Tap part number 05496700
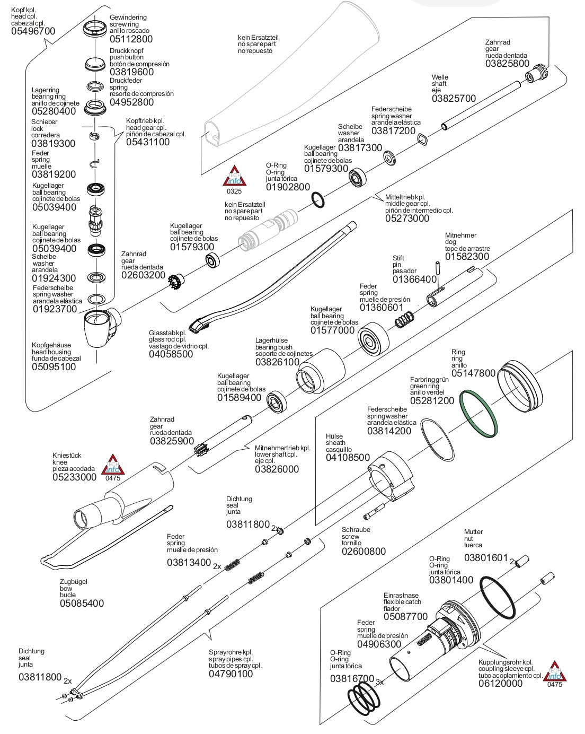(x=33, y=31)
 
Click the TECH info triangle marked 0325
(x=234, y=176)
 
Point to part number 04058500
(x=171, y=354)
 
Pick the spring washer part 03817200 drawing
(x=422, y=139)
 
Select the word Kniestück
(x=67, y=456)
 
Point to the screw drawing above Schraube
(x=374, y=512)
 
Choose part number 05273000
(x=407, y=219)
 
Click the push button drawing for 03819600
(x=95, y=64)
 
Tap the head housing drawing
(x=102, y=327)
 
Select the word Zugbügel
(x=73, y=582)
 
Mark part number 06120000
(x=500, y=683)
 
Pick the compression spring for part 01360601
(x=405, y=320)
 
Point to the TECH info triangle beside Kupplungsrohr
(x=555, y=671)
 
